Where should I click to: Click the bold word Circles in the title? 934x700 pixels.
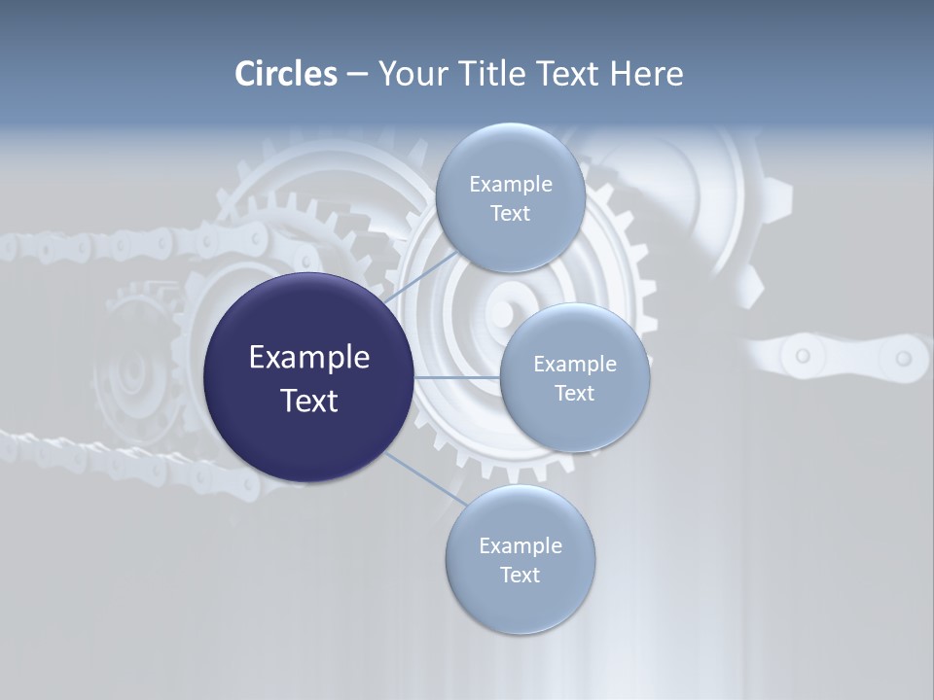pyautogui.click(x=286, y=74)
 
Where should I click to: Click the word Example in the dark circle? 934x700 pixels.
pyautogui.click(x=309, y=358)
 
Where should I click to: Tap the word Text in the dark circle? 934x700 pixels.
pyautogui.click(x=309, y=401)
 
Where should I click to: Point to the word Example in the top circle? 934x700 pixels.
pyautogui.click(x=510, y=185)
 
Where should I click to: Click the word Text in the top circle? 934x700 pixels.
pyautogui.click(x=510, y=214)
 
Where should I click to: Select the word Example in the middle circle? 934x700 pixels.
pyautogui.click(x=574, y=365)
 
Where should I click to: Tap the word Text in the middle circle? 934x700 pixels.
pyautogui.click(x=574, y=394)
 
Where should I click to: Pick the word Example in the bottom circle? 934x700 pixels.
pyautogui.click(x=520, y=546)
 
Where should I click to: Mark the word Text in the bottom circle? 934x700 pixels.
pyautogui.click(x=520, y=576)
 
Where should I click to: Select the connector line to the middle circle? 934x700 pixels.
pyautogui.click(x=456, y=377)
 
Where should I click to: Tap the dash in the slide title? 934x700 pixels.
pyautogui.click(x=357, y=75)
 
